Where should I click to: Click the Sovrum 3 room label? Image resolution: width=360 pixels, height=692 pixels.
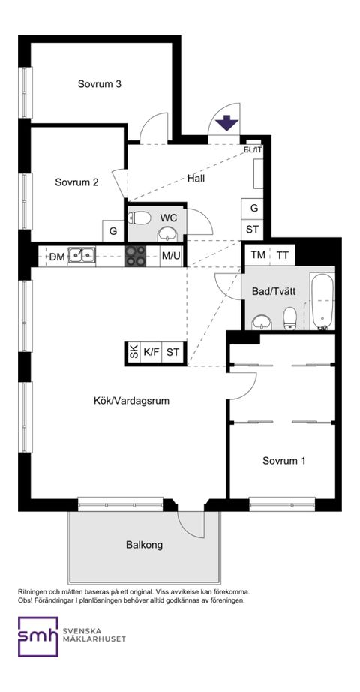click(100, 84)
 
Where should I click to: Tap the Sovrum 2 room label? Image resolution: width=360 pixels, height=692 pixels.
click(77, 182)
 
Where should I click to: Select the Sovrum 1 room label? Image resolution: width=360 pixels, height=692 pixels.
click(283, 461)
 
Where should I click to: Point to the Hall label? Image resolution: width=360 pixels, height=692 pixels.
click(196, 179)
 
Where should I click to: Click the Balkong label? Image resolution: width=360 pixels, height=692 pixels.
click(144, 545)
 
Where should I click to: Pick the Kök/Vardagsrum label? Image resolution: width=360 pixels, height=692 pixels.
click(131, 401)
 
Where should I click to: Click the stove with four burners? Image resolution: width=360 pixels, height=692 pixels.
click(136, 256)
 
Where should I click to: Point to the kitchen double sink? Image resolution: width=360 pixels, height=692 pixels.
click(80, 255)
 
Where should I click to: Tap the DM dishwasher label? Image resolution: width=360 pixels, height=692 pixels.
click(57, 256)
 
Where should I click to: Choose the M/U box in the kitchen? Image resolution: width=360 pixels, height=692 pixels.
click(171, 256)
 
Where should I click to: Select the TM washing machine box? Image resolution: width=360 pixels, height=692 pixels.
click(258, 255)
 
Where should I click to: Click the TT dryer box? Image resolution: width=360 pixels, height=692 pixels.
click(282, 255)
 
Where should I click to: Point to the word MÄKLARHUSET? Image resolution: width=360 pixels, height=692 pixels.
click(94, 640)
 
